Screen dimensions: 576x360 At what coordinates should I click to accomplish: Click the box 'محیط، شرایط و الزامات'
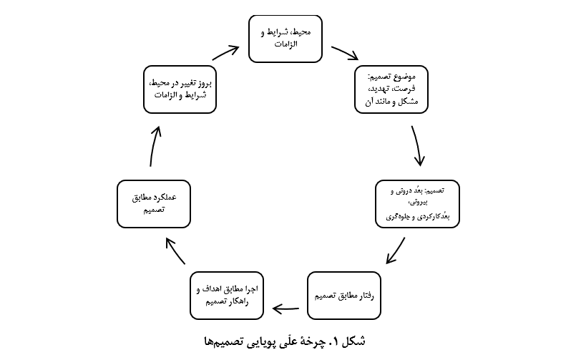coord(285,39)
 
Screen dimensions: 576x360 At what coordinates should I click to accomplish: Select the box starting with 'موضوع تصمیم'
coord(391,89)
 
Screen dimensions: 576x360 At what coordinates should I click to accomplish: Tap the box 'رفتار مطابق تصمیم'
coord(344,296)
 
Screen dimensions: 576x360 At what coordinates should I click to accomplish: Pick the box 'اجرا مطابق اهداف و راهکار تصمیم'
coord(227,296)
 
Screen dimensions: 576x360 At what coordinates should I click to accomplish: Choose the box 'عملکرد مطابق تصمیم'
coord(154,204)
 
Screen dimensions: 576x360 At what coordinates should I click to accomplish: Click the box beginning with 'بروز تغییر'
coord(180,89)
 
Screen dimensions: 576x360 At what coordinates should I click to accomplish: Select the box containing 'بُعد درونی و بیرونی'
coord(417,204)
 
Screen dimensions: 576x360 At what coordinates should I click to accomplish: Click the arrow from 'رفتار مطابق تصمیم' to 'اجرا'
coord(285,308)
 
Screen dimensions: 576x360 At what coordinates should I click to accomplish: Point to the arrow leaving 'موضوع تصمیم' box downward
coord(417,146)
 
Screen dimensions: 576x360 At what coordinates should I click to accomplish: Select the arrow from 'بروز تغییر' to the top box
coord(226,52)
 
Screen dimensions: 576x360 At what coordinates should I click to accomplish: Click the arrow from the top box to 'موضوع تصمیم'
coord(345,52)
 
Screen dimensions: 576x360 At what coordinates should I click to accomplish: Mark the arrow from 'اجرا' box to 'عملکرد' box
coord(175,250)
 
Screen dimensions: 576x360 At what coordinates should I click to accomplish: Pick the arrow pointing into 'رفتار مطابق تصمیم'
coord(396,250)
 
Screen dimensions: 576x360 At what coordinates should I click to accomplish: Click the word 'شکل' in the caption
coord(353,341)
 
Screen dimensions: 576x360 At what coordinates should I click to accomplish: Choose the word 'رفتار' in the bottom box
coord(366,296)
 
